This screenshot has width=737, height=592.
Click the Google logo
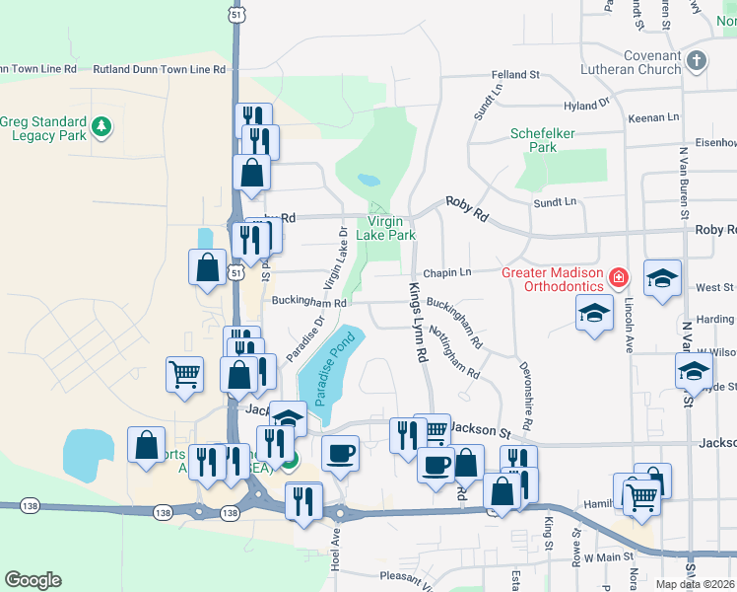click(x=33, y=580)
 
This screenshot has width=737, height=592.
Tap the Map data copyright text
click(x=695, y=584)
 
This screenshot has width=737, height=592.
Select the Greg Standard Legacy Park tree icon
click(x=101, y=126)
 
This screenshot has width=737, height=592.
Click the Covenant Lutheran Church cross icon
click(x=697, y=60)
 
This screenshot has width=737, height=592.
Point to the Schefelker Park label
click(x=534, y=140)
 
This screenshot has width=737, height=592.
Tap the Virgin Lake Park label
click(x=391, y=228)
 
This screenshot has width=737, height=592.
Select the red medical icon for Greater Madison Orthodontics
click(x=618, y=278)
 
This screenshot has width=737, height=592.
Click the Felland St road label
click(x=516, y=75)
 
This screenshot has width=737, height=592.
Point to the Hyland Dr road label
click(x=587, y=105)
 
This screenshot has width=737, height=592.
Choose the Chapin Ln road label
click(x=447, y=272)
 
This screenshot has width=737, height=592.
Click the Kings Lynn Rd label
click(x=416, y=320)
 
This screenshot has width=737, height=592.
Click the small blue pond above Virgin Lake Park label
click(x=368, y=181)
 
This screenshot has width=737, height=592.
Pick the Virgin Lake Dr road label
click(x=335, y=261)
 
